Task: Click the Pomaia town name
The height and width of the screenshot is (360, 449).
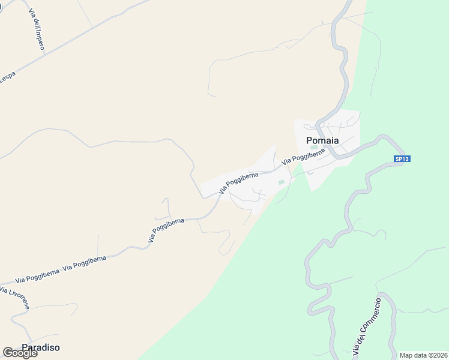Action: click(322, 140)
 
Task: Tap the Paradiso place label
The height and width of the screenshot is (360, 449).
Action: click(41, 347)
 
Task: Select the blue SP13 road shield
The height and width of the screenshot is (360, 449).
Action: click(402, 159)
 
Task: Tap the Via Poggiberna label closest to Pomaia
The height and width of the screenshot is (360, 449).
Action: click(303, 156)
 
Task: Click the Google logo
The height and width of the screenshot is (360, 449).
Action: click(20, 353)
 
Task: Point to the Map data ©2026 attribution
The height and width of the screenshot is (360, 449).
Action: click(424, 355)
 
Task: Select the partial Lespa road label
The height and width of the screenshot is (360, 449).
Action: click(7, 78)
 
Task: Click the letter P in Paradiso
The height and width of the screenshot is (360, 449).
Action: click(25, 347)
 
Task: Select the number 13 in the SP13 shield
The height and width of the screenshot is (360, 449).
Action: click(405, 159)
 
